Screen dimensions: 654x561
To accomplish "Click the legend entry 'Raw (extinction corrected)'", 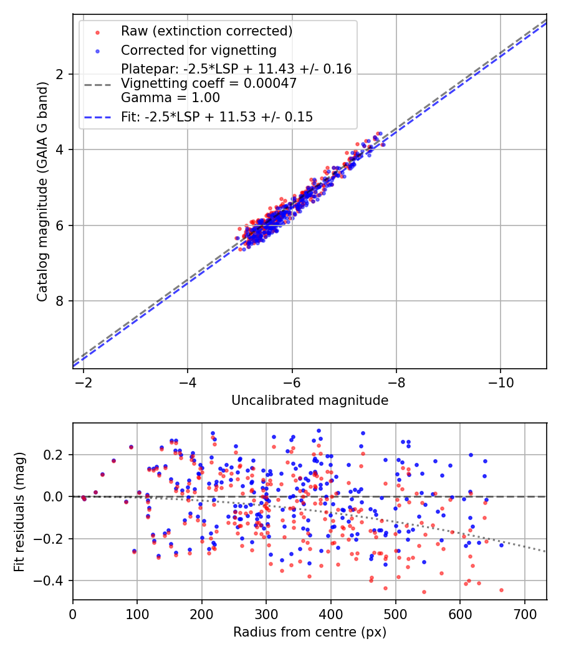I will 206,31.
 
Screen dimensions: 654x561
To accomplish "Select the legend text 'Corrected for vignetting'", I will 198,50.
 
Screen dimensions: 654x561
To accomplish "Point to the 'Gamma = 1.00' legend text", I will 170,97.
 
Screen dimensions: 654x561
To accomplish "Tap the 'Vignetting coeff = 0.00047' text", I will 209,83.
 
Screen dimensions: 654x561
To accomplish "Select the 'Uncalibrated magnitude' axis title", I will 310,400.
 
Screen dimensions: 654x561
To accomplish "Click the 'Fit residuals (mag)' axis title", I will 20,512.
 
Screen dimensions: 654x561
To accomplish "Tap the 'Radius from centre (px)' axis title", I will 310,632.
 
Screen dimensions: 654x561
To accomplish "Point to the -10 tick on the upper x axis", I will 501,381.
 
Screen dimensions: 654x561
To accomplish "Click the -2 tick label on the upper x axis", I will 84,381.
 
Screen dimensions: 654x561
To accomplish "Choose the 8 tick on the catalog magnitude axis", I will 59,301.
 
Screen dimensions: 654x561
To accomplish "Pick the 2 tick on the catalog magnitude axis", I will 59,74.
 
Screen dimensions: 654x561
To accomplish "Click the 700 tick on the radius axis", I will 524,613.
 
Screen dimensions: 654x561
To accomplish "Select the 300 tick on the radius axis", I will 266,613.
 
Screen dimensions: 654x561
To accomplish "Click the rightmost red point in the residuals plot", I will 501,590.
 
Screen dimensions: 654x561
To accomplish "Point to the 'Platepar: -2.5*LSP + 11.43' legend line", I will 236,69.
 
